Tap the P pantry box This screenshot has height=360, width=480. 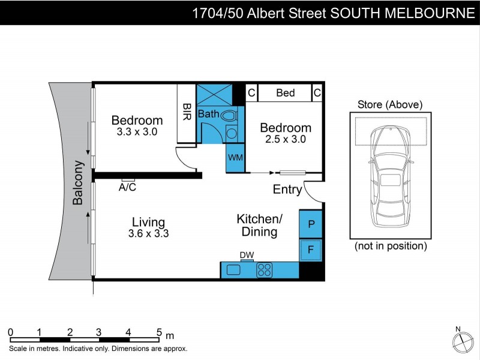[x=311, y=224]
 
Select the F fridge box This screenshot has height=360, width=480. [x=311, y=250]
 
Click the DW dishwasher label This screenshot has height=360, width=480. [x=247, y=255]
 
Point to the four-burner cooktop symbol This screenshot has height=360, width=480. [x=265, y=270]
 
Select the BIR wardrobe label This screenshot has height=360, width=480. [x=187, y=113]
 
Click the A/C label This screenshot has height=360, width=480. [x=127, y=187]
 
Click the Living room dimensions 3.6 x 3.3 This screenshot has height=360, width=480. [x=148, y=234]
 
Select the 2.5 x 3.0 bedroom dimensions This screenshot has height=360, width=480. [x=286, y=139]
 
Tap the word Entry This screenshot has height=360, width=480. [x=287, y=190]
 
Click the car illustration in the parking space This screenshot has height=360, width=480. [x=390, y=177]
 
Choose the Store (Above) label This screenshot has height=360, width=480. [x=390, y=104]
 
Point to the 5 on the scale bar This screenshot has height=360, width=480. [x=159, y=332]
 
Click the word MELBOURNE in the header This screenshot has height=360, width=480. [x=431, y=13]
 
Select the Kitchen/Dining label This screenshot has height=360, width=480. [x=260, y=225]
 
